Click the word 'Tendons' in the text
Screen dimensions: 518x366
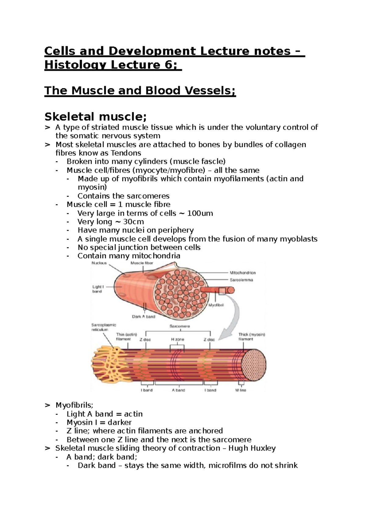point(126,153)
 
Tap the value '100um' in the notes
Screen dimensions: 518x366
point(200,213)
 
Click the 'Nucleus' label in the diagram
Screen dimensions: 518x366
point(99,263)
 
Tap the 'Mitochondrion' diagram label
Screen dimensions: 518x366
point(242,273)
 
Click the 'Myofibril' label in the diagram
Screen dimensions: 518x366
point(216,305)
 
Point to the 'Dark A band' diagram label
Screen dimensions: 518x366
point(143,317)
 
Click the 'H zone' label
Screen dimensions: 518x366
point(177,339)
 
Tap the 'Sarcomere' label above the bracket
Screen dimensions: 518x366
point(179,326)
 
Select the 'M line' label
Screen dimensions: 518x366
point(241,390)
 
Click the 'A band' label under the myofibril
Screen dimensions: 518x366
point(178,390)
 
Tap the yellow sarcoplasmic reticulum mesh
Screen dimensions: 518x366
point(105,363)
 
